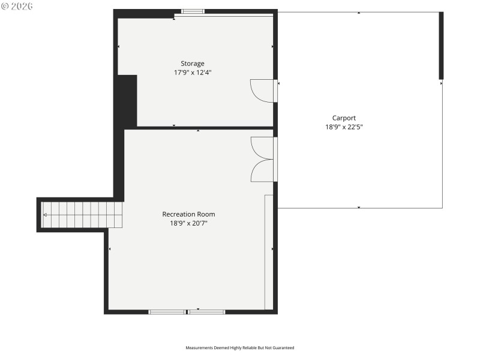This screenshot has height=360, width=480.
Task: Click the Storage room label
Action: (x=193, y=64)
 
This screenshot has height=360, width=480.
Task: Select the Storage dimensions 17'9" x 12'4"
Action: (x=193, y=73)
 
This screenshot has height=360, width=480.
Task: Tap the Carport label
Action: (x=344, y=118)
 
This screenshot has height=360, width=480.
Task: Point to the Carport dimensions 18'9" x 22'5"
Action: (x=344, y=127)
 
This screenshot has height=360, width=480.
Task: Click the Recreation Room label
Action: (x=188, y=214)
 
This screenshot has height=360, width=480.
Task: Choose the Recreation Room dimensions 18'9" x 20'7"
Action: (x=188, y=223)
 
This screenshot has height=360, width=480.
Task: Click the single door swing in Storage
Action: (x=262, y=91)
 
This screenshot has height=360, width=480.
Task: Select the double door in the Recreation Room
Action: (x=262, y=159)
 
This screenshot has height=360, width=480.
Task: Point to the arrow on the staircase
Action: (x=46, y=214)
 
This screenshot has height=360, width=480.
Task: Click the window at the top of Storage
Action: (x=193, y=11)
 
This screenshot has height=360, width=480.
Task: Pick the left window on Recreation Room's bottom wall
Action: (x=167, y=312)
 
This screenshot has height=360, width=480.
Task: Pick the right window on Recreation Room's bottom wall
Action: (x=207, y=312)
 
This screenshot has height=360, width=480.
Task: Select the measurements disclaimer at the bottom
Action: (x=239, y=347)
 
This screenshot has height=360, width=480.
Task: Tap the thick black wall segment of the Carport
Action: (x=441, y=46)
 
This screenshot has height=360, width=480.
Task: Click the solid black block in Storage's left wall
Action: (x=127, y=101)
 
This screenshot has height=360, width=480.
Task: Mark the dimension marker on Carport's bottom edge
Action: (x=359, y=208)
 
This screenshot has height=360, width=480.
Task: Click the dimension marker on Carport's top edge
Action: (x=359, y=13)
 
